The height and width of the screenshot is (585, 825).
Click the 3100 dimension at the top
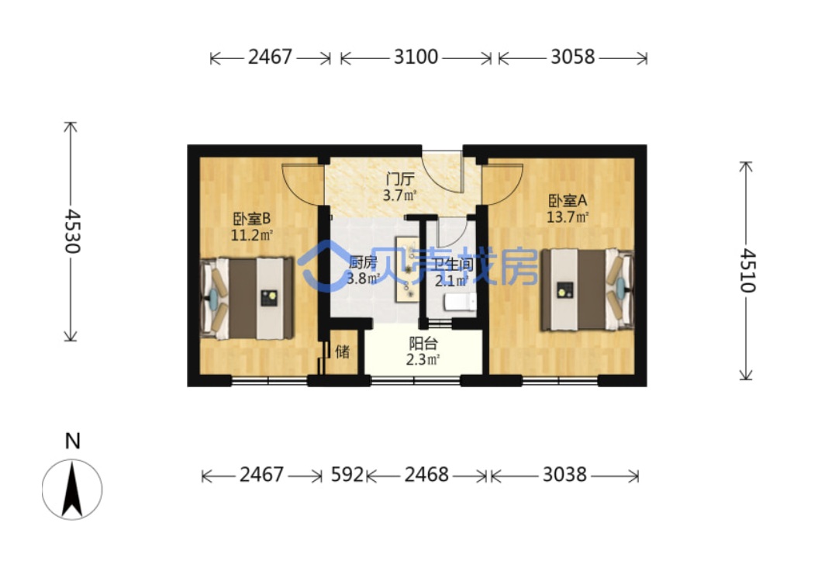(416, 57)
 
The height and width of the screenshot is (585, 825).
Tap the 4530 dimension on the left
(72, 232)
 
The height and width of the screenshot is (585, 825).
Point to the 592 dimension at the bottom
(347, 475)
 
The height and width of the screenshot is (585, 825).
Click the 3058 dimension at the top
(572, 57)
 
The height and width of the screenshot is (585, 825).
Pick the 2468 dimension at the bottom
(426, 475)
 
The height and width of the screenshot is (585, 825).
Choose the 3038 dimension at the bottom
(564, 475)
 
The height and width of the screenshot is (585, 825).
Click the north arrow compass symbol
(72, 490)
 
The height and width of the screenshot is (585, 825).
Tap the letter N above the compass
(73, 441)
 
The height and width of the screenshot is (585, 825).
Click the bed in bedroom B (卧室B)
(247, 298)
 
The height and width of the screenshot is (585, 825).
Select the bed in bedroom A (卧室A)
(588, 289)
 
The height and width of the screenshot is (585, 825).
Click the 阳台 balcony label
(423, 344)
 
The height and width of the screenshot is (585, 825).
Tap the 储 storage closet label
(343, 351)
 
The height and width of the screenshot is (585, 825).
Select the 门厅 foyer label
(400, 179)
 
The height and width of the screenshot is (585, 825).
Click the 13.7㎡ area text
(568, 217)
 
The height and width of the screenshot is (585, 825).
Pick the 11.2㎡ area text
(251, 235)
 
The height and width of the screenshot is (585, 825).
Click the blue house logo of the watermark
(323, 266)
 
